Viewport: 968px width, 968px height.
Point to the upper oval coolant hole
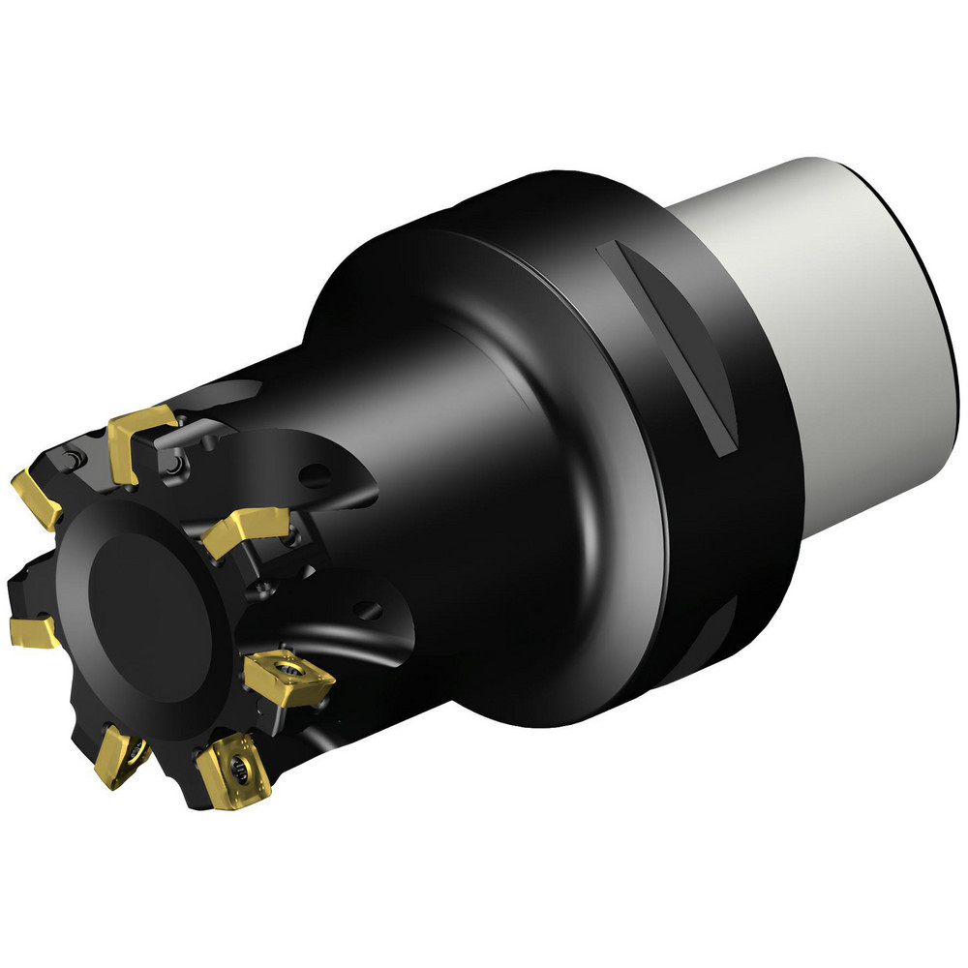pos(314,475)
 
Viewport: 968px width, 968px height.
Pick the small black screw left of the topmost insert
pos(74,457)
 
